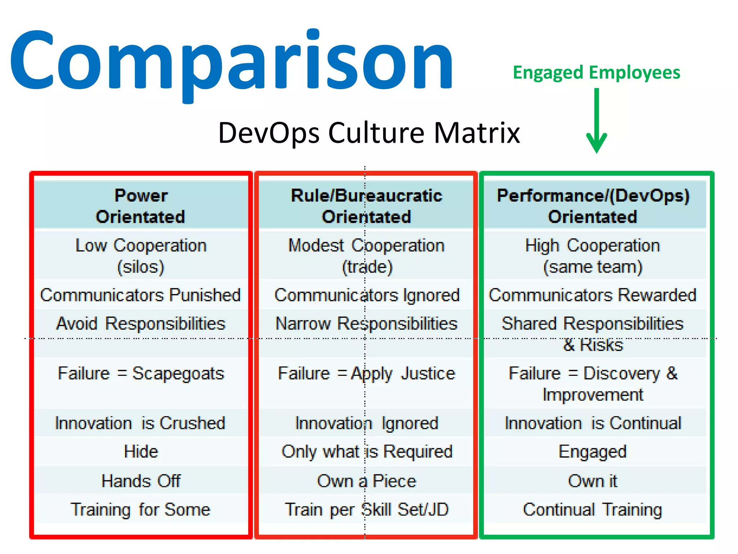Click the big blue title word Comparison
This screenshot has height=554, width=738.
[x=231, y=61]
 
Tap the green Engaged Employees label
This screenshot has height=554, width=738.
[x=596, y=73]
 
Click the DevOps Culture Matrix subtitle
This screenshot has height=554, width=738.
[x=369, y=133]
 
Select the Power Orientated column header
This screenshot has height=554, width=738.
[x=141, y=206]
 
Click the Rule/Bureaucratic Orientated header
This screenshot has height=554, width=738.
[x=366, y=206]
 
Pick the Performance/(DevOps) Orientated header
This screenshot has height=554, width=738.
[x=593, y=206]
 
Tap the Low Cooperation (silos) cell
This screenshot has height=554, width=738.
[x=141, y=256]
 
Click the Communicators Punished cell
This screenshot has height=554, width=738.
[x=141, y=295]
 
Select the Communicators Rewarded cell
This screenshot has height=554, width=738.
[x=593, y=295]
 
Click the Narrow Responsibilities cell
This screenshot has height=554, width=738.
[x=366, y=324]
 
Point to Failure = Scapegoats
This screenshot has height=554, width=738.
[x=141, y=373]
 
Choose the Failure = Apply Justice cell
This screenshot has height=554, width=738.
[x=366, y=373]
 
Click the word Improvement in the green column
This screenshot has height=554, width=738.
[x=593, y=395]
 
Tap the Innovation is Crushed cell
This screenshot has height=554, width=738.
[x=140, y=423]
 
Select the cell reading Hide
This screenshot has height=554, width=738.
[x=141, y=452]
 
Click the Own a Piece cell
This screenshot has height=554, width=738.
[x=366, y=481]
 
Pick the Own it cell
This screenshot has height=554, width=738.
[x=593, y=481]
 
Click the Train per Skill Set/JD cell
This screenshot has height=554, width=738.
[x=366, y=510]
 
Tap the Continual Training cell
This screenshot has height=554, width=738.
[x=593, y=510]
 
